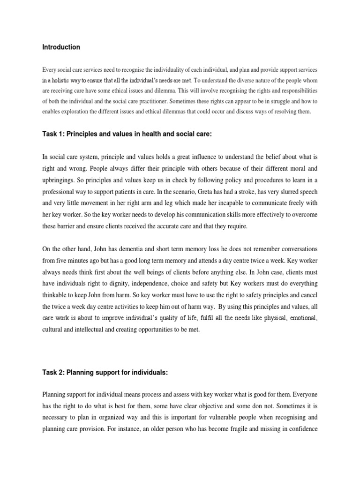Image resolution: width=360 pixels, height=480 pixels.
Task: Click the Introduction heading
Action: (x=61, y=47)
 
